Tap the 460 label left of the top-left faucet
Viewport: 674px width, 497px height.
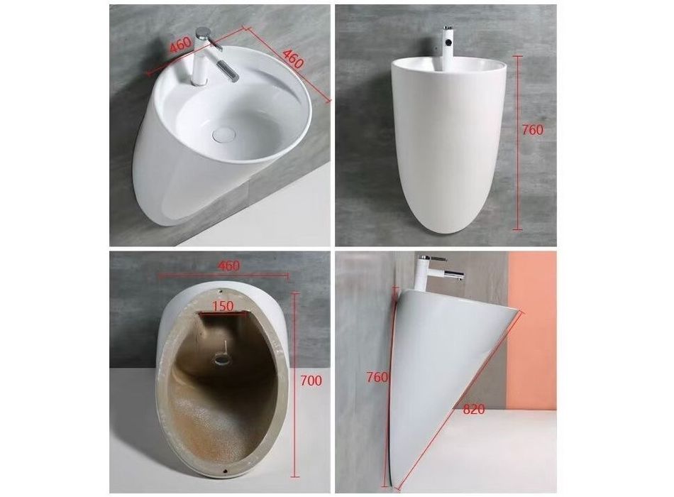[x=179, y=44]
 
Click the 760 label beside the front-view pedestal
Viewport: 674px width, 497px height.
[x=533, y=129]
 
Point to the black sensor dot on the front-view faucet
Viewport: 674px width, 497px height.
[x=449, y=42]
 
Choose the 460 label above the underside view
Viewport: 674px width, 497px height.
[x=228, y=266]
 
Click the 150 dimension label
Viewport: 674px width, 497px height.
[x=223, y=306]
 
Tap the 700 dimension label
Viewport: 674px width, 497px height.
[x=311, y=381]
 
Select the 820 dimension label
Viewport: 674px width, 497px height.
[x=474, y=409]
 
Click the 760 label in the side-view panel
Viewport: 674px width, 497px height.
[x=377, y=377]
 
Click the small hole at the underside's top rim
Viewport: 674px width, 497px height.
[x=221, y=291]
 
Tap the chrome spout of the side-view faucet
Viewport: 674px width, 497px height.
[x=454, y=275]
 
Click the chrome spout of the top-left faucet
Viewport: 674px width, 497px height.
[x=228, y=70]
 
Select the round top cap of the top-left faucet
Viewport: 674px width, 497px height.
[x=202, y=32]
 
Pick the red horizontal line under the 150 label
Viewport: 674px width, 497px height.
[x=223, y=315]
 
